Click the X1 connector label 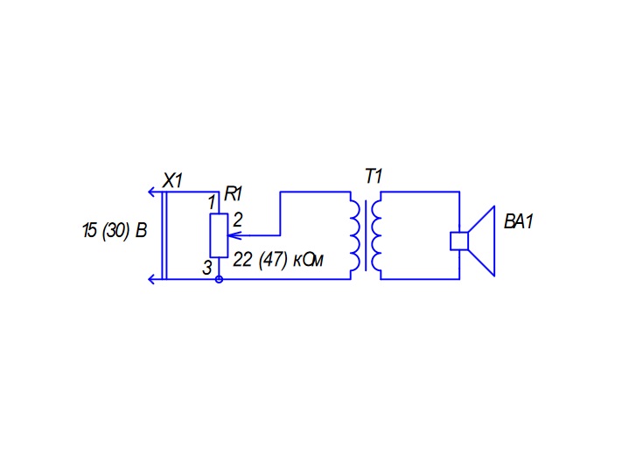pyautogui.click(x=173, y=180)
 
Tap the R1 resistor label pyautogui.click(x=234, y=194)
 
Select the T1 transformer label pyautogui.click(x=374, y=177)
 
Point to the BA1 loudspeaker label pyautogui.click(x=518, y=222)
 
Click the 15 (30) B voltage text pyautogui.click(x=115, y=230)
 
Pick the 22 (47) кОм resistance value pyautogui.click(x=278, y=259)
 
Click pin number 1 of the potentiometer pyautogui.click(x=212, y=202)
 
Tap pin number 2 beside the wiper pyautogui.click(x=238, y=220)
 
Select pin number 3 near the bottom pyautogui.click(x=206, y=268)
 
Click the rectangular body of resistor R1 pyautogui.click(x=219, y=235)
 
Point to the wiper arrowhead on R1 pyautogui.click(x=234, y=235)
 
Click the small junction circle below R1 pyautogui.click(x=219, y=279)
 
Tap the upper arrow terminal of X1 pyautogui.click(x=152, y=192)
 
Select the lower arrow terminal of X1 pyautogui.click(x=152, y=279)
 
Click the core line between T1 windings pyautogui.click(x=366, y=235)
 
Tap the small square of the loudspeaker pyautogui.click(x=459, y=241)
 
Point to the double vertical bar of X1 pyautogui.click(x=164, y=235)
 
